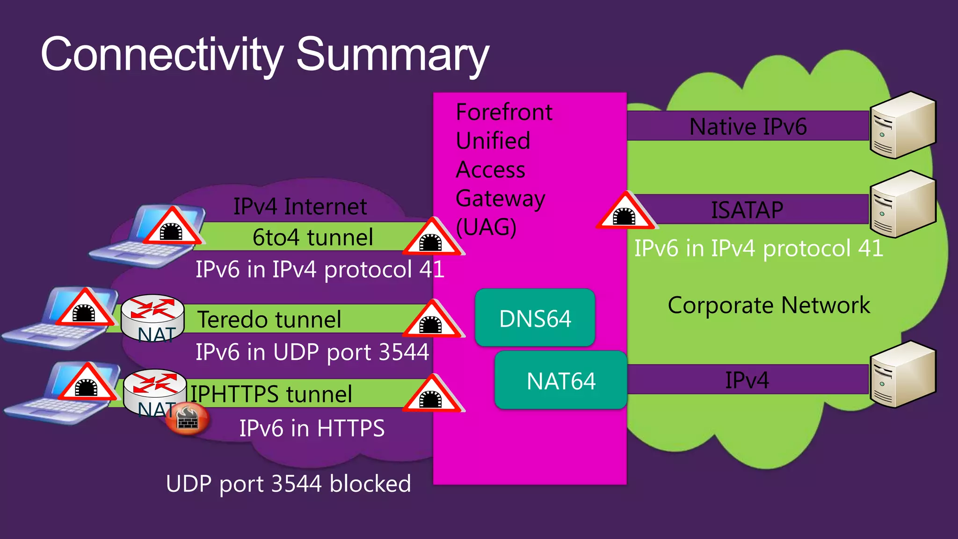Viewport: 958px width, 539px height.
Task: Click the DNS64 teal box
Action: pos(535,318)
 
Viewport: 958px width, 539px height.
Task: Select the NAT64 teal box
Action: pos(560,380)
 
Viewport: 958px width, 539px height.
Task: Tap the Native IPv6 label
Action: pos(748,126)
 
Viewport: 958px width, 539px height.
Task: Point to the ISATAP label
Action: pos(747,210)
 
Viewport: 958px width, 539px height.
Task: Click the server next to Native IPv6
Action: pos(902,125)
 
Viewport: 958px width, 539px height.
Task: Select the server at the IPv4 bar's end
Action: pos(902,374)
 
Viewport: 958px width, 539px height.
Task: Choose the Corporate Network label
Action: pos(769,305)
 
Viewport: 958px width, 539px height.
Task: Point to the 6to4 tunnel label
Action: pos(312,237)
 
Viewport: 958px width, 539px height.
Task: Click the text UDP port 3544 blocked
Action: pos(288,484)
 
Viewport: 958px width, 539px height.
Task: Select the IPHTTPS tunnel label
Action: pos(271,394)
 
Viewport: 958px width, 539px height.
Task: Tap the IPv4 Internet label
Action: pos(300,206)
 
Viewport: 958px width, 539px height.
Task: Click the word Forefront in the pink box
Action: pos(504,112)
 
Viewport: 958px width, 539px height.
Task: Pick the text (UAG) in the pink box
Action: pos(486,227)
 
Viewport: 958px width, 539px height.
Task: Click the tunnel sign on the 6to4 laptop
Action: pos(172,228)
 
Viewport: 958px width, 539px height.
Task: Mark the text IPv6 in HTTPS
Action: pos(312,428)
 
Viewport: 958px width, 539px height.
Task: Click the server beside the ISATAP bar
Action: pos(902,204)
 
